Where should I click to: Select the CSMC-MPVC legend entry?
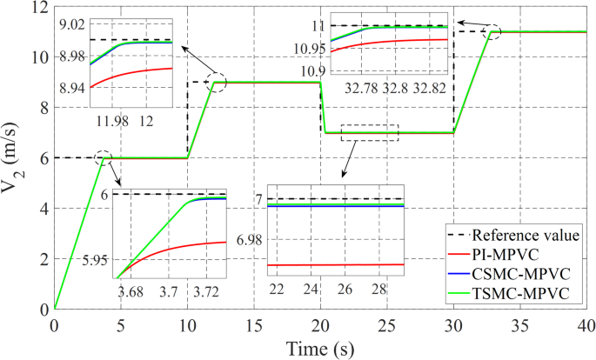point(521,273)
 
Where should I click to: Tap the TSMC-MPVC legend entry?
point(521,292)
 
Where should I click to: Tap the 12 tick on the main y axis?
point(37,8)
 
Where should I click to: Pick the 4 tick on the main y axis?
point(41,209)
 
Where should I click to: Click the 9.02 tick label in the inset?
point(71,23)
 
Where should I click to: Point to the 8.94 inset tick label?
point(71,88)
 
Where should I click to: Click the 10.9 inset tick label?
point(312,70)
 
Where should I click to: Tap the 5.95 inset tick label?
point(93,260)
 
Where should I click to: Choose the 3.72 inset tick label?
point(209,289)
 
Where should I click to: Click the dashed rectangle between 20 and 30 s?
point(370,132)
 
